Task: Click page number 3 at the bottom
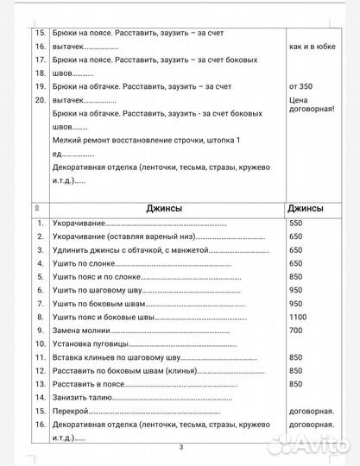(x=180, y=447)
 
